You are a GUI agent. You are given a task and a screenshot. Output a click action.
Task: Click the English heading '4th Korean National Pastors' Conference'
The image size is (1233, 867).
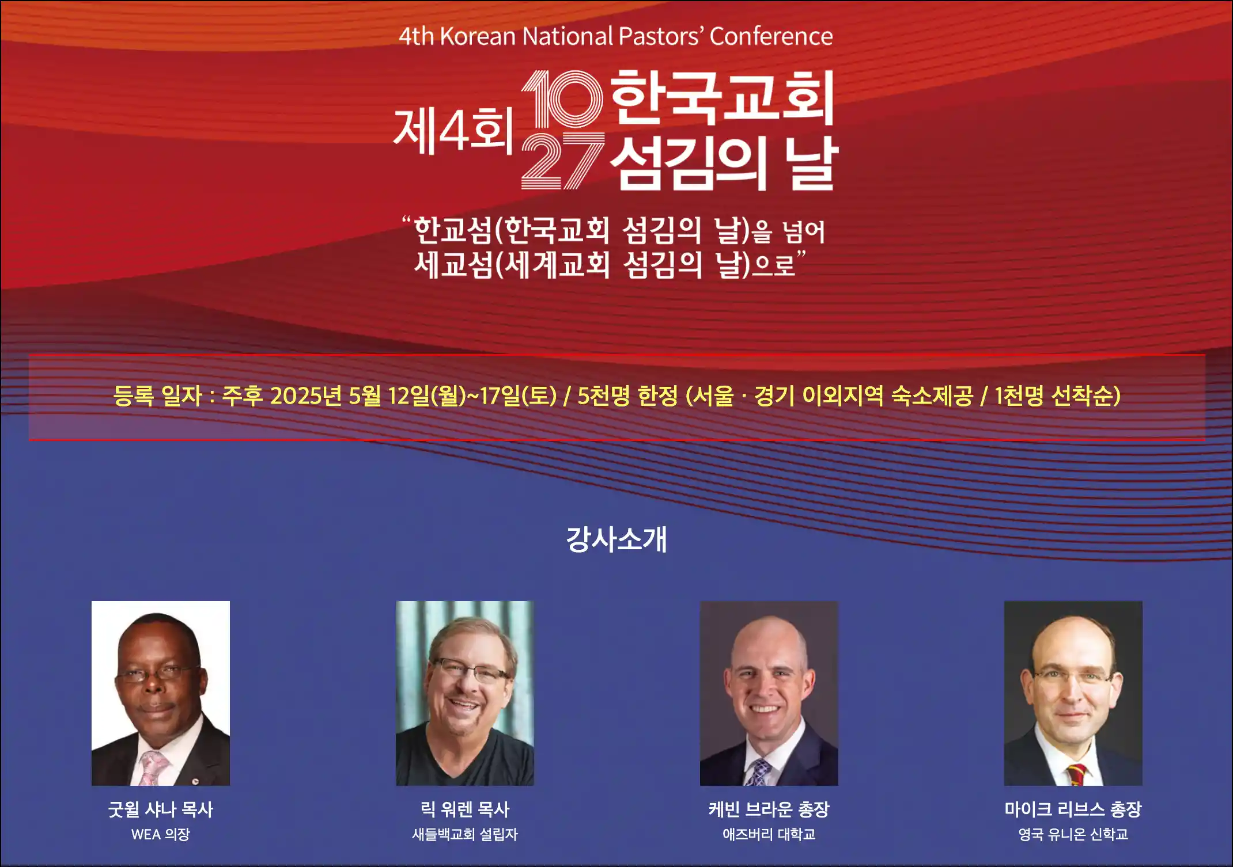click(x=616, y=36)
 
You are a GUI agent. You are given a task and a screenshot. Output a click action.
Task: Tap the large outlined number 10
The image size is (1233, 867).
click(x=562, y=99)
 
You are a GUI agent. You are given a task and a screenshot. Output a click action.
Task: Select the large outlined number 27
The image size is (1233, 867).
click(x=563, y=161)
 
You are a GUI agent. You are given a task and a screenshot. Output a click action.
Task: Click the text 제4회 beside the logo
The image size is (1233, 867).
click(x=453, y=131)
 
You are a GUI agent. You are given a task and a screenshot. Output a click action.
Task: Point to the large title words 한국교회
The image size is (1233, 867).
click(x=723, y=97)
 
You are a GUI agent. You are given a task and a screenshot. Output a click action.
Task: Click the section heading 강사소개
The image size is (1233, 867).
click(x=616, y=539)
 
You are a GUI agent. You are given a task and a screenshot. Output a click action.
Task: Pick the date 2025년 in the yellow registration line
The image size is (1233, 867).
click(x=306, y=396)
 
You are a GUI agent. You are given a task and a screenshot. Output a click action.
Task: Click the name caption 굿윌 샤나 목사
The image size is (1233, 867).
click(x=161, y=809)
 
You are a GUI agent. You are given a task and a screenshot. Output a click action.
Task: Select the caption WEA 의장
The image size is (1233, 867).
click(x=161, y=834)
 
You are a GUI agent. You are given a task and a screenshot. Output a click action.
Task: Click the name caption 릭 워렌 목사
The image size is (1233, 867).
click(x=465, y=809)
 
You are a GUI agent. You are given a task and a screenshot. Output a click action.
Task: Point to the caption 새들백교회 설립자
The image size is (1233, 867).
click(x=465, y=834)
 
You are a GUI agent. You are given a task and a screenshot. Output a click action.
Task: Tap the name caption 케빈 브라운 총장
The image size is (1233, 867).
click(x=769, y=809)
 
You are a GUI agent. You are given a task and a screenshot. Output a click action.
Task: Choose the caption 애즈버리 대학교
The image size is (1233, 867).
click(x=769, y=834)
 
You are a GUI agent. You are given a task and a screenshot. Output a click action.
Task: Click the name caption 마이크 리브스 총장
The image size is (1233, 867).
click(x=1073, y=809)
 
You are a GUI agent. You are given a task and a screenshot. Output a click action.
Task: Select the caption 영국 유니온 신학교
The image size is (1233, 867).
click(x=1073, y=834)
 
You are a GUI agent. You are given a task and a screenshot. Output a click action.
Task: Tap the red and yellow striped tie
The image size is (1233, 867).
click(x=1077, y=775)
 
